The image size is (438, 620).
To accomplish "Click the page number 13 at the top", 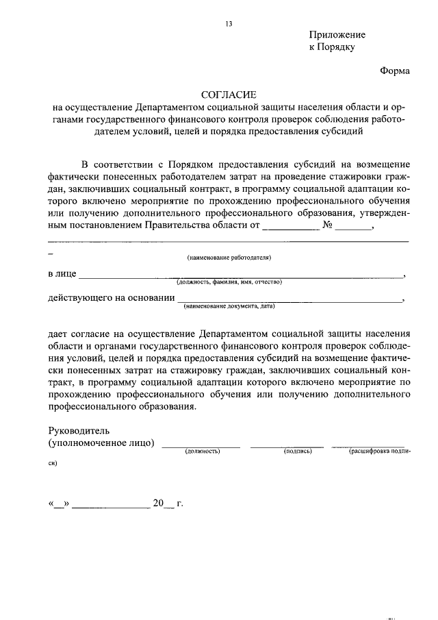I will click(229, 24).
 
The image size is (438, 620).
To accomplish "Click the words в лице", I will click(62, 274).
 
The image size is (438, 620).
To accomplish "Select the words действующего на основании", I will click(110, 298).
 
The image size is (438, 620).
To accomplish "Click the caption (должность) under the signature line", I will click(202, 452).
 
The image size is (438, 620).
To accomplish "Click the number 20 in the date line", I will click(159, 503).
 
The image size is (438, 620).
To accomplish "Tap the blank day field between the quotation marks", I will click(59, 504).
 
